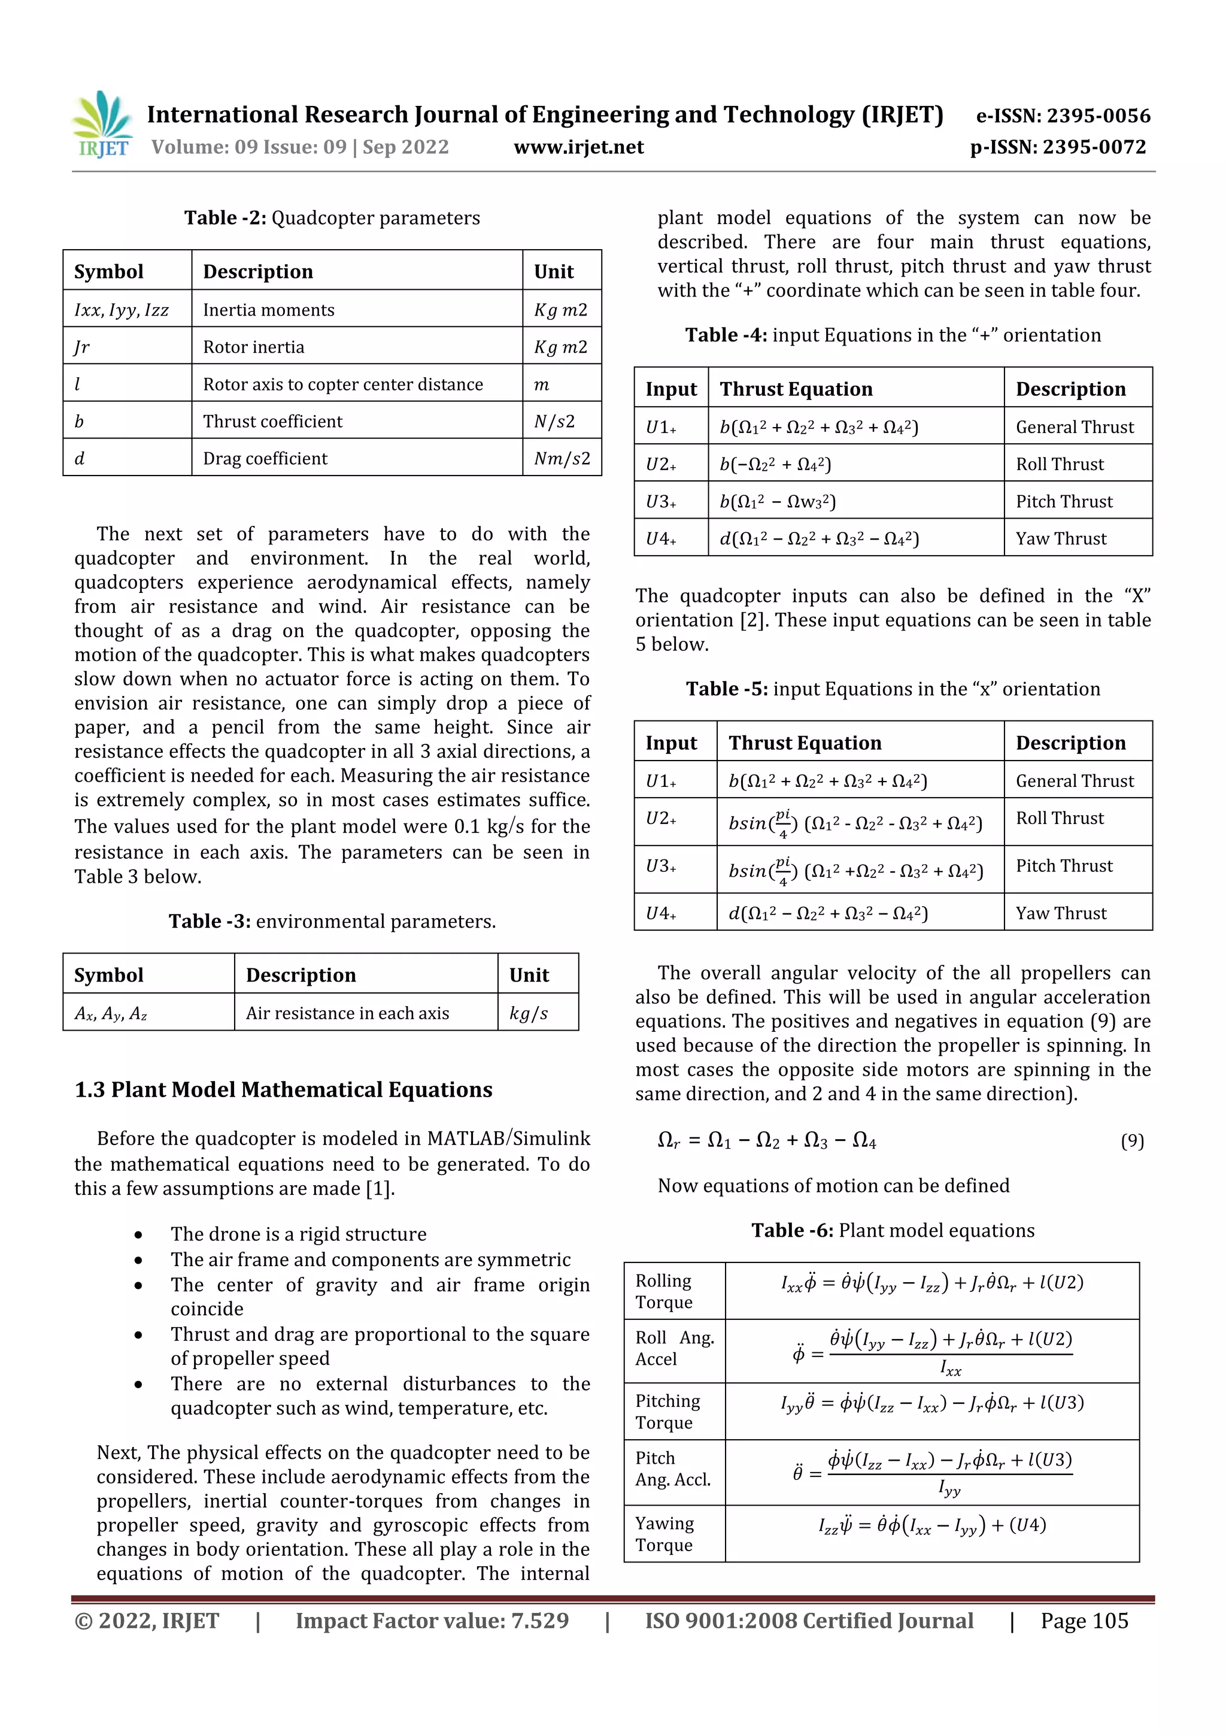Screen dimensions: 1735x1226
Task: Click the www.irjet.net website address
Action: (579, 147)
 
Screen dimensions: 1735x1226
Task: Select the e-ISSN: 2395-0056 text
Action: (1063, 116)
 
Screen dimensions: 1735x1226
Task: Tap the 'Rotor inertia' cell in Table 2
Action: (254, 347)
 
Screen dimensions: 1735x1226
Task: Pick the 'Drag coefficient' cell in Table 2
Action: (265, 459)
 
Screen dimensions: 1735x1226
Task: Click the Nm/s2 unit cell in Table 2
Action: (562, 459)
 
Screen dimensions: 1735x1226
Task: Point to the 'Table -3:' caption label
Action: (210, 921)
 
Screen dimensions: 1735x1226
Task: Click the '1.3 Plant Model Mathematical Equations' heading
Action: (283, 1089)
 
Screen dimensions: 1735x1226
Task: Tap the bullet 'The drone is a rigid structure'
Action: (298, 1234)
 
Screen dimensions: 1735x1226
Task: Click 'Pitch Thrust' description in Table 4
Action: (1064, 502)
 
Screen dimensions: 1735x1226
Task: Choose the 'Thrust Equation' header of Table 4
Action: (796, 389)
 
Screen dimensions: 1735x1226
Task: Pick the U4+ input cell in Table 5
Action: (661, 913)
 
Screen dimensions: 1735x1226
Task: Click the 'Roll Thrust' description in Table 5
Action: (1059, 818)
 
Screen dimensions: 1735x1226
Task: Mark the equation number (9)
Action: (1131, 1141)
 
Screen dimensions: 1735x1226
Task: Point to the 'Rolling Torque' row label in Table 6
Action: (664, 1291)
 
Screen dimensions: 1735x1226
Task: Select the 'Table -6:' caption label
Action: (791, 1230)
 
